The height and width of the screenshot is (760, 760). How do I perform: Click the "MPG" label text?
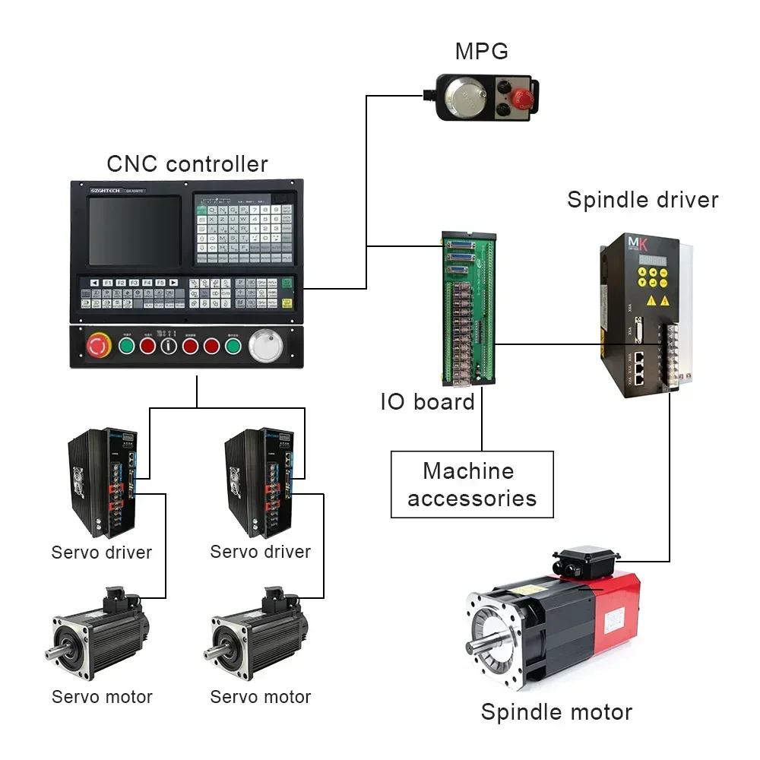coord(481,51)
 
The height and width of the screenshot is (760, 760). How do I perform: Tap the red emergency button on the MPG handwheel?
coord(521,98)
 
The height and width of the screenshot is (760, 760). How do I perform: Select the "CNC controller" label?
coord(187,163)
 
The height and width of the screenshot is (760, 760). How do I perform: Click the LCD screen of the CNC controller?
coord(134,231)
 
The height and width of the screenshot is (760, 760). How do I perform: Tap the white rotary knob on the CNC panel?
coord(265,347)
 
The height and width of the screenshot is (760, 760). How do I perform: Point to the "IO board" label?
coord(427,401)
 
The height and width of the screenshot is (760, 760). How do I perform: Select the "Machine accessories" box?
coord(472,485)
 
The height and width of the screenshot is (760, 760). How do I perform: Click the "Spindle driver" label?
coord(642,200)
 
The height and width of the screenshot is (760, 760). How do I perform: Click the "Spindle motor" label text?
coord(556,712)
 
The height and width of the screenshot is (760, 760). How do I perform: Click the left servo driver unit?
coord(102,482)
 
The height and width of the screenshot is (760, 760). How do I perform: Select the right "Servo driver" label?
coord(260,551)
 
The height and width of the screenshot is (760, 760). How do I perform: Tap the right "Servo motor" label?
coord(260,696)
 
